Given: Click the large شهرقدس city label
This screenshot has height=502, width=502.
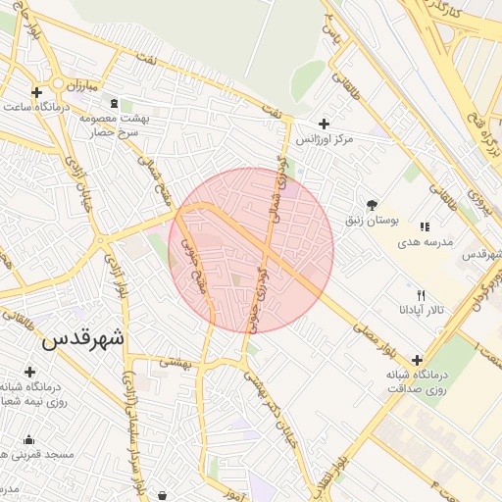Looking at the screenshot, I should click(84, 341).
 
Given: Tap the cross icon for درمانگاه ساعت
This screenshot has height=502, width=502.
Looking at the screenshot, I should click(37, 93).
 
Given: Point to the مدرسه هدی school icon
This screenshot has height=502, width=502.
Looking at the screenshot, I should click(424, 227).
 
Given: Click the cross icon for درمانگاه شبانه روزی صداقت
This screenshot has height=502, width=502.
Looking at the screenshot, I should click(419, 360).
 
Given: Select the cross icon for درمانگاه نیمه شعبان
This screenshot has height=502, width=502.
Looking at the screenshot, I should click(29, 373).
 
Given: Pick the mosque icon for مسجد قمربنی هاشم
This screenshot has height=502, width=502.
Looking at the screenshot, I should click(27, 439).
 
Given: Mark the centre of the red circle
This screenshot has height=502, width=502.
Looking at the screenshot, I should click(251, 250).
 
